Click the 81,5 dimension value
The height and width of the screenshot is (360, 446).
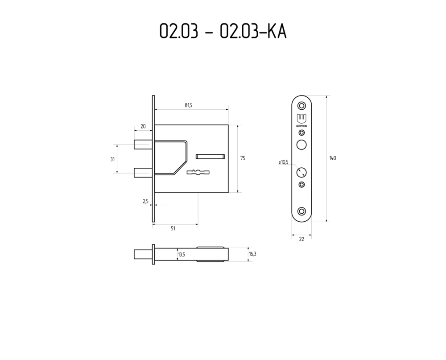pos(188,105)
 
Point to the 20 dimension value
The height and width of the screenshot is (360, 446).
pos(143,126)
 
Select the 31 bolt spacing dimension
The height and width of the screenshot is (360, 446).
pos(113,159)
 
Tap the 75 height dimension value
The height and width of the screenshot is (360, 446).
pos(243,158)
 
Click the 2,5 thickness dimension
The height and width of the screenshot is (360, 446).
pos(146,202)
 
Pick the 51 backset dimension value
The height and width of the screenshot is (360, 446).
pos(173,228)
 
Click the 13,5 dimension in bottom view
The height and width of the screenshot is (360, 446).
pos(182,254)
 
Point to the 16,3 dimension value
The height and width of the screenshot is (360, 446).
pos(252,254)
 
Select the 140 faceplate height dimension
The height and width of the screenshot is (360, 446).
pos(333,158)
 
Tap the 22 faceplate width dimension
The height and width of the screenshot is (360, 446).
pos(301,239)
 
